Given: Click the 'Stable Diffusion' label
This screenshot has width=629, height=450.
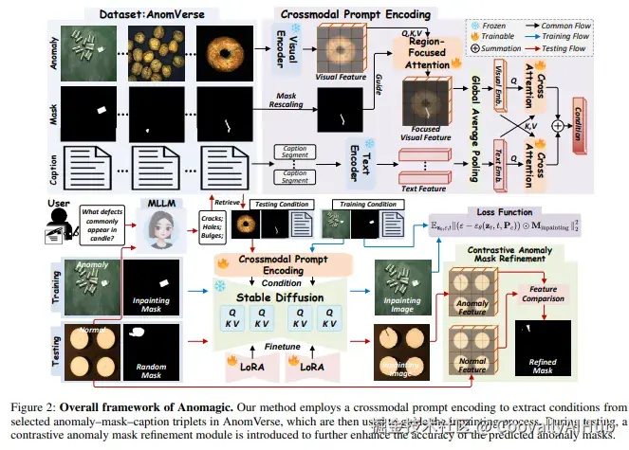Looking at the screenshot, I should pos(278,295).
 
